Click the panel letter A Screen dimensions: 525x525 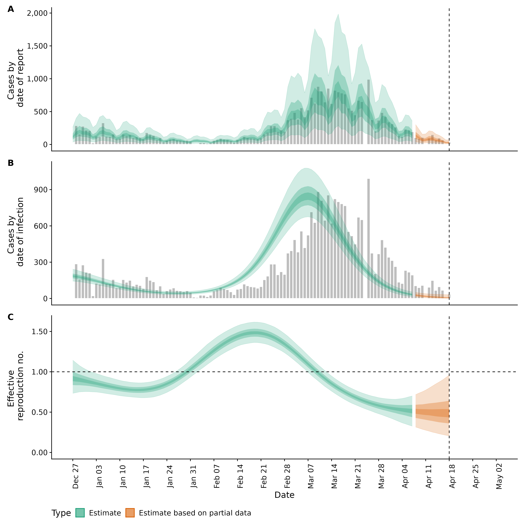[11, 9]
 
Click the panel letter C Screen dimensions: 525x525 [11, 317]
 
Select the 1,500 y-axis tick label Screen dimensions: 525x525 [37, 46]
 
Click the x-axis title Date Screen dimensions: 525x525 [285, 495]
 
